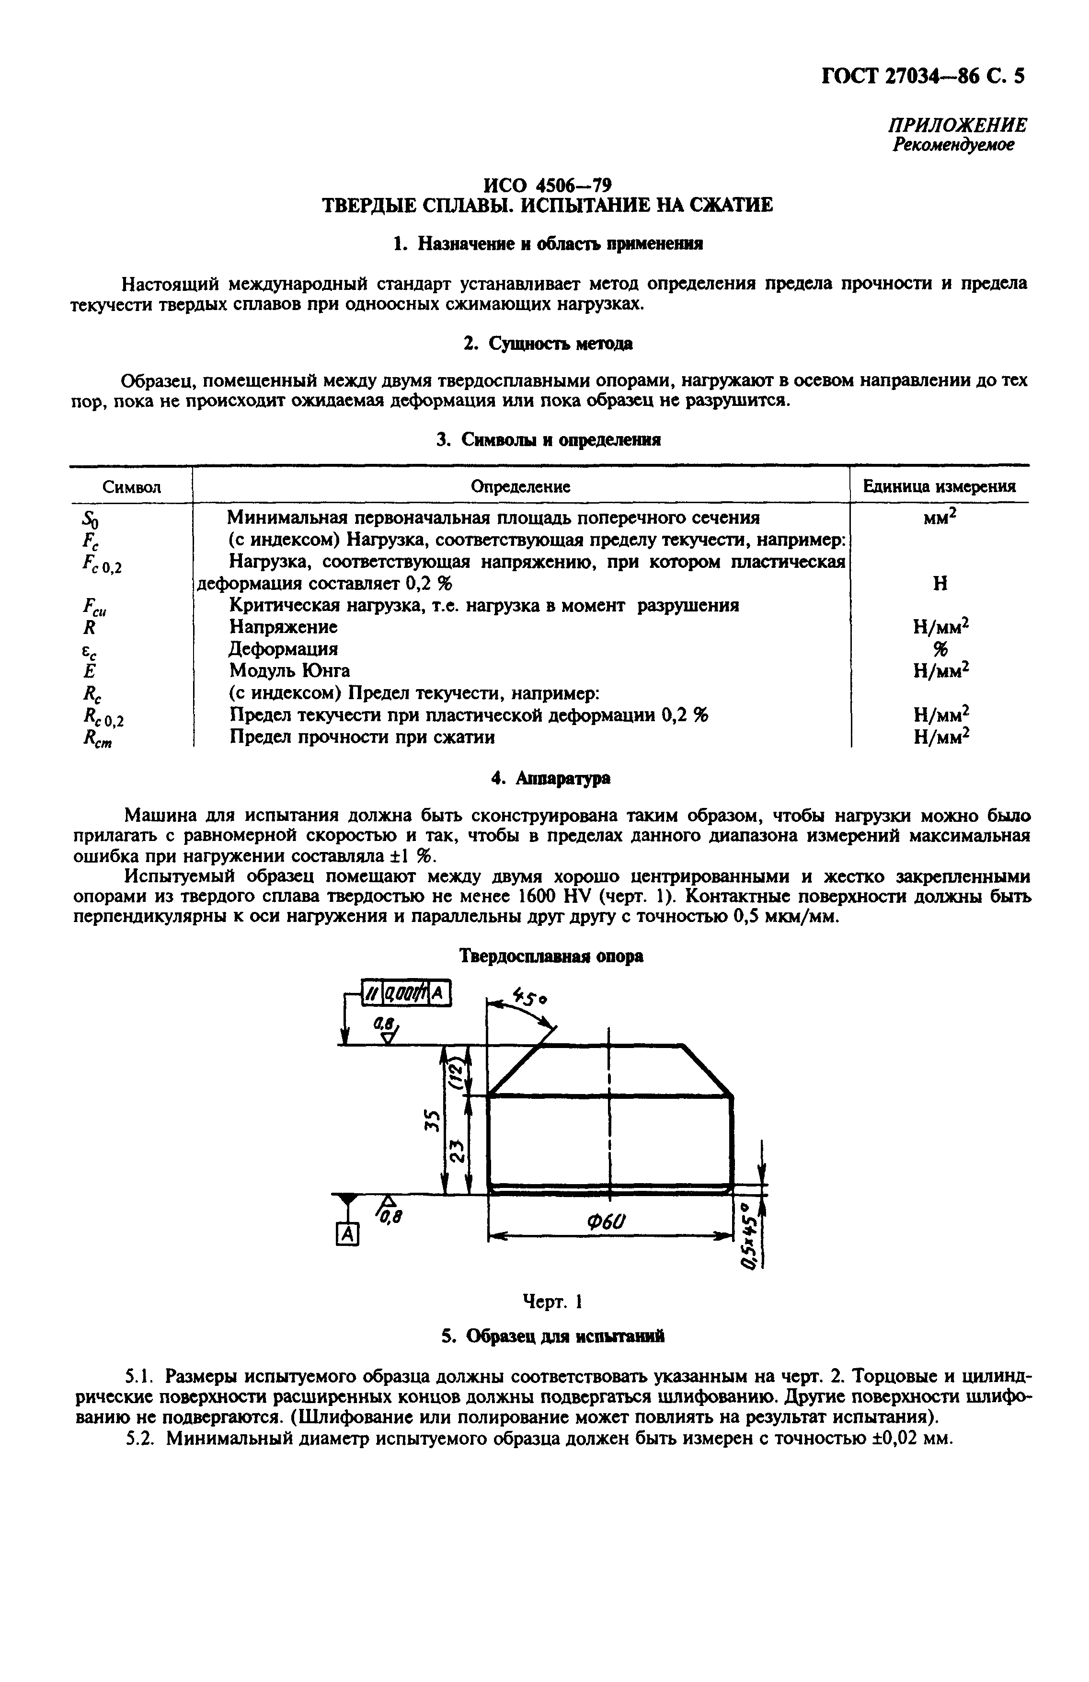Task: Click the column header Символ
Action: click(131, 487)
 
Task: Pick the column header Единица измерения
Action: click(939, 486)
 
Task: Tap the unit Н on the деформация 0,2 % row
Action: click(940, 584)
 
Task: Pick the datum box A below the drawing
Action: click(346, 1234)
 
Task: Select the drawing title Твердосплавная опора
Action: click(551, 956)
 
